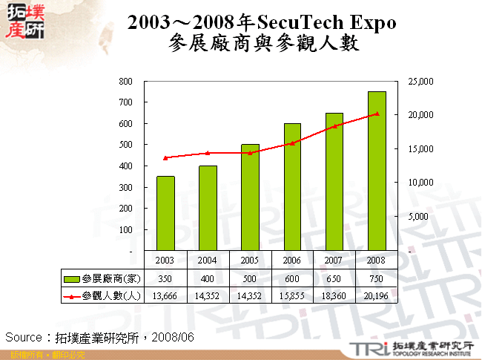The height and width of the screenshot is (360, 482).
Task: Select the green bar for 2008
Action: [x=377, y=171]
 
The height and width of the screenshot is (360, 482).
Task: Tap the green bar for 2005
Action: [x=250, y=197]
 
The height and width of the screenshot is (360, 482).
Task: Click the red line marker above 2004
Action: [x=208, y=153]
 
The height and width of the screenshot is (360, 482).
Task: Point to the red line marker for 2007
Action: [x=334, y=126]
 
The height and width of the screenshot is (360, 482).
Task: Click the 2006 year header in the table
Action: [x=292, y=261]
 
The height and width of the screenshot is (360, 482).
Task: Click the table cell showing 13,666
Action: [x=165, y=295]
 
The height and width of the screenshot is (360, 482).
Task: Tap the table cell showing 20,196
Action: [x=377, y=295]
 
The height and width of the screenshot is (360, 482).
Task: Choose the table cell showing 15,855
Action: [x=292, y=295]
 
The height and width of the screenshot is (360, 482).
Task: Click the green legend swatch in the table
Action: [x=72, y=278]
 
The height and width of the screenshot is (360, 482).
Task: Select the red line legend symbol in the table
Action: [x=72, y=296]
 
